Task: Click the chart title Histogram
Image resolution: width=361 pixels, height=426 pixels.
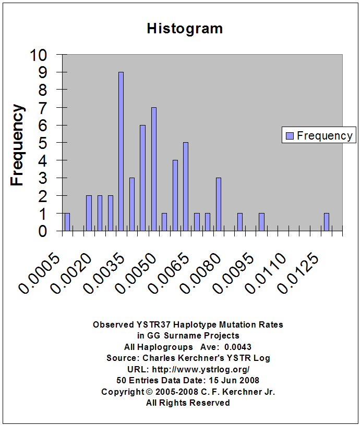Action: (x=185, y=28)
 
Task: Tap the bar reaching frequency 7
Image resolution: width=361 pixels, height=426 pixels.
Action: (x=154, y=169)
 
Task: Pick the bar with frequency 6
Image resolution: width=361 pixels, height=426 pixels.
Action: (x=142, y=178)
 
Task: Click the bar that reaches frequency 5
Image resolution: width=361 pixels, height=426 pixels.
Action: (x=186, y=186)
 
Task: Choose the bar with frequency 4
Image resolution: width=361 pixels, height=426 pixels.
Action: (x=175, y=195)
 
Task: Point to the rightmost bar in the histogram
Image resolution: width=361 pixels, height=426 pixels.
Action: (x=327, y=222)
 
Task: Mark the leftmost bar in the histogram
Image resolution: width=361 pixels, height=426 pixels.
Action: (x=67, y=222)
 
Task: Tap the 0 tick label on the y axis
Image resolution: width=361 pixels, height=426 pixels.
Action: (x=42, y=231)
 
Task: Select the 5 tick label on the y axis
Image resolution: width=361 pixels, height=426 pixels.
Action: (x=42, y=143)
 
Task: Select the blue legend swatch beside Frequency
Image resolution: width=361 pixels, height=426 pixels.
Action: (x=290, y=136)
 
